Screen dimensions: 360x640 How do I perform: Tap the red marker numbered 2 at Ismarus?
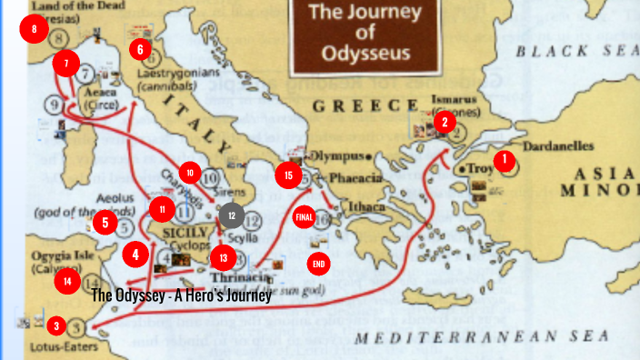point(444,122)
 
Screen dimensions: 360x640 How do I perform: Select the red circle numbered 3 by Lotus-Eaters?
point(56,325)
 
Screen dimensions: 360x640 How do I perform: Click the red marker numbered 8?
point(34,30)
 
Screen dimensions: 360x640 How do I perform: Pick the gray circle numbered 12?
point(232,215)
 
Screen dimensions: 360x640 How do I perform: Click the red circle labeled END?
point(318,264)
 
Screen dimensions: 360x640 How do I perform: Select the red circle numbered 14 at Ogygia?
point(67,281)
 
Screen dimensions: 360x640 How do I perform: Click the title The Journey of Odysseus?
point(365,33)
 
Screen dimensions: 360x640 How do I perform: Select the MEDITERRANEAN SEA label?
point(479,337)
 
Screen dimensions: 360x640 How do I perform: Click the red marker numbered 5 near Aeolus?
point(105,221)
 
